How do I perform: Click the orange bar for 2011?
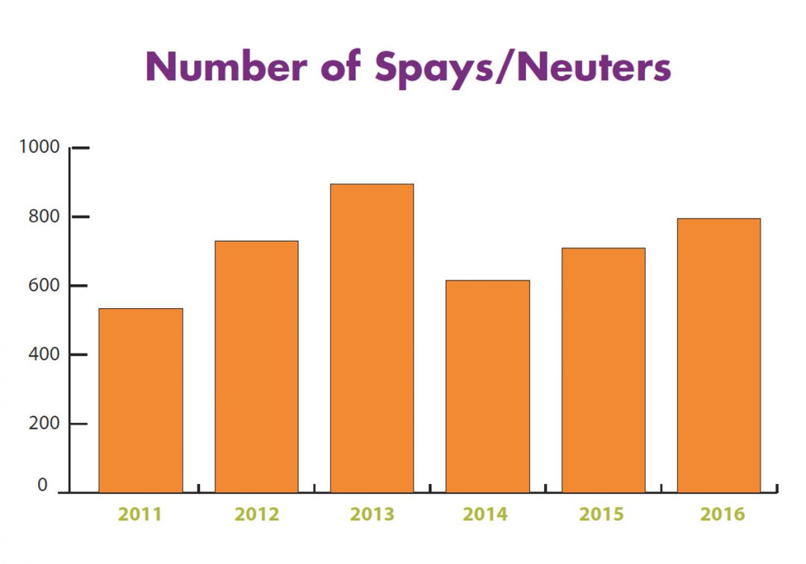click(140, 401)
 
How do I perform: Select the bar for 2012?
click(256, 366)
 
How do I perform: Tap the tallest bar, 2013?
click(372, 338)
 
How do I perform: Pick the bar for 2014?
click(487, 386)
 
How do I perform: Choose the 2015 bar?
click(603, 370)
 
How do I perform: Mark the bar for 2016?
click(719, 355)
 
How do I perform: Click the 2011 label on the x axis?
click(140, 514)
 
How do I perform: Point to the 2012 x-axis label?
click(256, 514)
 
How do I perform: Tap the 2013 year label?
click(372, 514)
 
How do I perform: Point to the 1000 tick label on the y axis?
click(39, 147)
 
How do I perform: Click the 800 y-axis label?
click(43, 216)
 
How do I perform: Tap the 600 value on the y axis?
click(43, 285)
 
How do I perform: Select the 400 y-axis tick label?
click(43, 354)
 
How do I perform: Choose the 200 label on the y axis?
click(43, 423)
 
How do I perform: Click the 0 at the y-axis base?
click(43, 486)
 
